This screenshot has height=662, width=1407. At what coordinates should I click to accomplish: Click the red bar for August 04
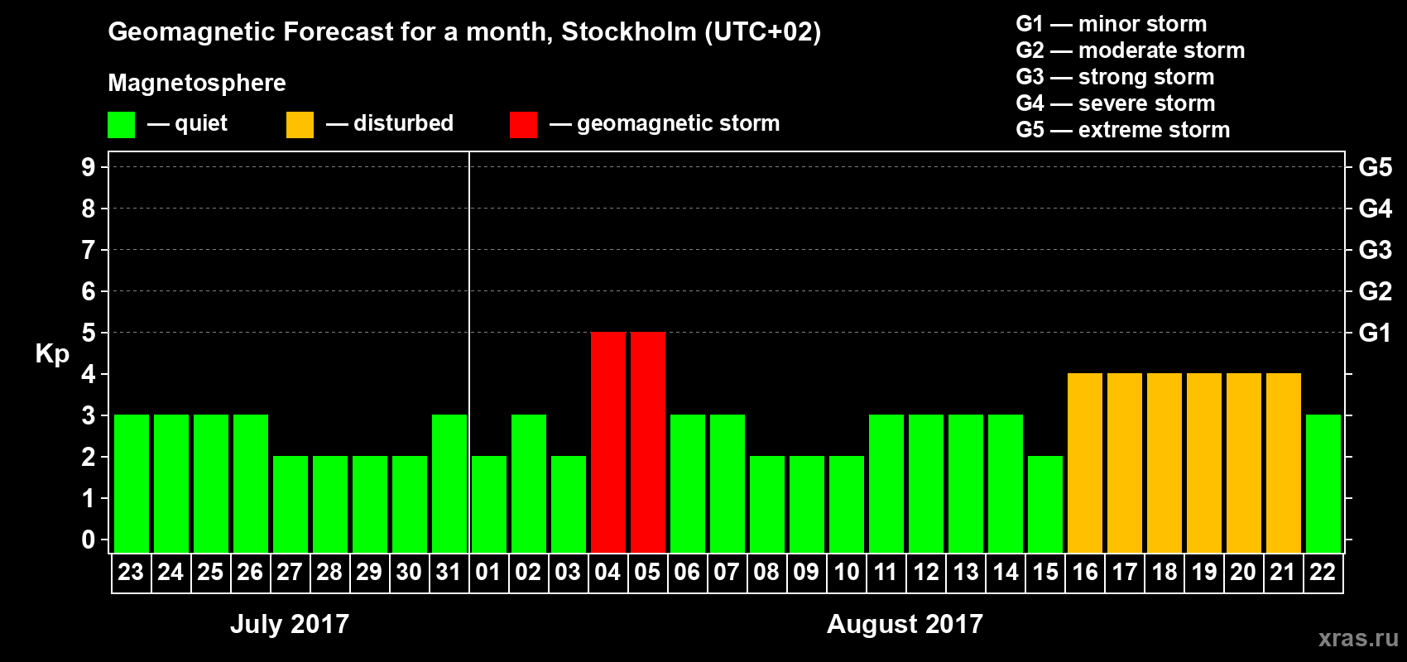pyautogui.click(x=608, y=442)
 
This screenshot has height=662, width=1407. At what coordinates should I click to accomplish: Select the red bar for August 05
pyautogui.click(x=648, y=442)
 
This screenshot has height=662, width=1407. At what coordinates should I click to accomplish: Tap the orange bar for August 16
pyautogui.click(x=1085, y=463)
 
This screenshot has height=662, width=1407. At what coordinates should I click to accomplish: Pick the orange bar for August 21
pyautogui.click(x=1284, y=463)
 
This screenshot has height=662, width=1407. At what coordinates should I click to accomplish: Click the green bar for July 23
pyautogui.click(x=132, y=483)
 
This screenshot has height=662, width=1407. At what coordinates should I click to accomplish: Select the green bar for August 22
pyautogui.click(x=1323, y=483)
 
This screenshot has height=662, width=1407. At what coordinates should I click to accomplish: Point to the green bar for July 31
pyautogui.click(x=449, y=483)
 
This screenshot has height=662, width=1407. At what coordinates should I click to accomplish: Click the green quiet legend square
pyautogui.click(x=122, y=125)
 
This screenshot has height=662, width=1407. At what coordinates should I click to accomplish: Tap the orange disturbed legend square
pyautogui.click(x=300, y=125)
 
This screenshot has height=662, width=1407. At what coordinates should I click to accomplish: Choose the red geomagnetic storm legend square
pyautogui.click(x=523, y=125)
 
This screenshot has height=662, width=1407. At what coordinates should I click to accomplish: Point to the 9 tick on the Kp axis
pyautogui.click(x=89, y=167)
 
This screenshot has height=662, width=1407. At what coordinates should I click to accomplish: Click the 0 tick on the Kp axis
pyautogui.click(x=89, y=540)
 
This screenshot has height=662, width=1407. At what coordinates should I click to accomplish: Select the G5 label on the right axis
pyautogui.click(x=1375, y=167)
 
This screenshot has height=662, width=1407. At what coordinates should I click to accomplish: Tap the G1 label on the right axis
pyautogui.click(x=1375, y=333)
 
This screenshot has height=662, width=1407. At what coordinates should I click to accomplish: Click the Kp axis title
pyautogui.click(x=52, y=353)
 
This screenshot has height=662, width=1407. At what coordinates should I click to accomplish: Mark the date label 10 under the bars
pyautogui.click(x=846, y=572)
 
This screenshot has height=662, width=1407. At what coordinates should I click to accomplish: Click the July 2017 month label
pyautogui.click(x=290, y=624)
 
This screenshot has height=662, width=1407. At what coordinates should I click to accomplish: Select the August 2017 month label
pyautogui.click(x=905, y=624)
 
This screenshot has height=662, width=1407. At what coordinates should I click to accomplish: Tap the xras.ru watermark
pyautogui.click(x=1358, y=638)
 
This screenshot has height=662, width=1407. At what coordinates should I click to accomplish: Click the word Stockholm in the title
pyautogui.click(x=629, y=32)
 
